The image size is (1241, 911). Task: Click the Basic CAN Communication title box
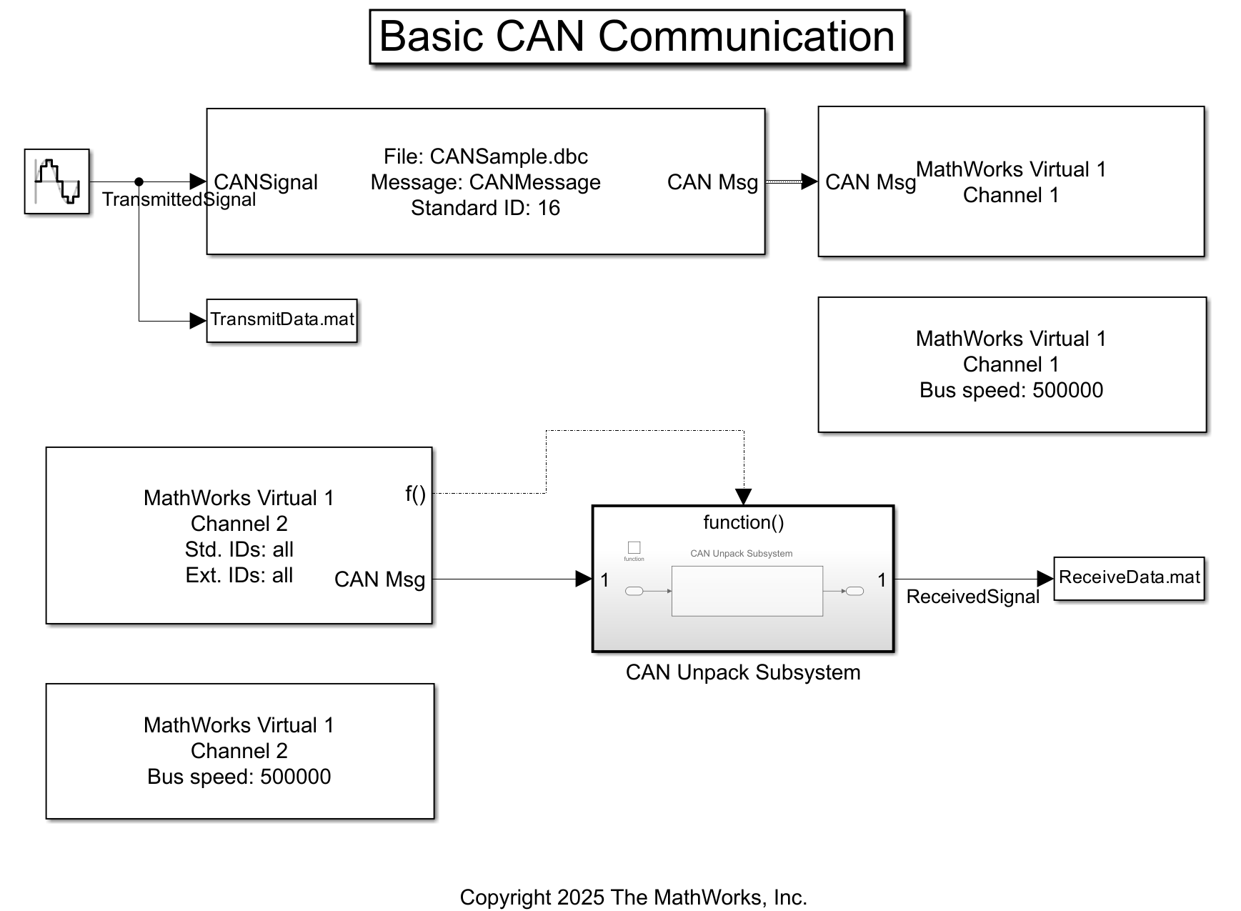tap(637, 36)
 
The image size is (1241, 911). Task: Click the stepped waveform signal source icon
tap(57, 181)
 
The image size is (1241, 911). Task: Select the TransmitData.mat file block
tap(281, 320)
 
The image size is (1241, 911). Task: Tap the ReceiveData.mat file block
tap(1129, 578)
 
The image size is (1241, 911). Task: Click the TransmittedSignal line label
tap(179, 199)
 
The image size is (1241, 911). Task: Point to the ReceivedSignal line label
tap(972, 597)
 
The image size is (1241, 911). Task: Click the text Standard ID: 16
tap(485, 208)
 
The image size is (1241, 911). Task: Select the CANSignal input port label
tap(266, 182)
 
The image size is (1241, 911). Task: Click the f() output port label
tap(415, 493)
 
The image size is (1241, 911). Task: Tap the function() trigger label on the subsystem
tap(743, 522)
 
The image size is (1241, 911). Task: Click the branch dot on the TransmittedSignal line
tap(139, 182)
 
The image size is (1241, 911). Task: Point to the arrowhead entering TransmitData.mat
tap(198, 321)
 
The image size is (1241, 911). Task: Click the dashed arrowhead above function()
tap(743, 497)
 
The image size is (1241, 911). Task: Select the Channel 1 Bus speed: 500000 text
tap(1011, 390)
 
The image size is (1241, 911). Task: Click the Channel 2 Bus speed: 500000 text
tap(239, 777)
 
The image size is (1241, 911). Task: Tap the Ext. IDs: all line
tap(239, 575)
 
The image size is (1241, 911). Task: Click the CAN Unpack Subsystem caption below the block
tap(743, 672)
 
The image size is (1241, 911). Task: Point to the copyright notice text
tap(633, 897)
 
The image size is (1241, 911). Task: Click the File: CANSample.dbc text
tap(485, 156)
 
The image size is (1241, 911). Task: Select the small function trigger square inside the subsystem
tap(634, 547)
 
